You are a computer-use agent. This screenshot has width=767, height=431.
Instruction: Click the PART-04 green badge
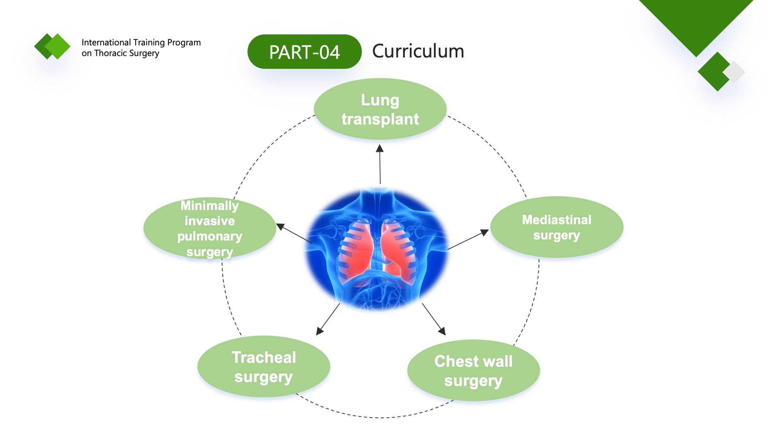pos(304,52)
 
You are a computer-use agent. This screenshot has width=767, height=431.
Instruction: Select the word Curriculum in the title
pos(418,51)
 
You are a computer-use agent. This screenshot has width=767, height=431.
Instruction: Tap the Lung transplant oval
pos(380,109)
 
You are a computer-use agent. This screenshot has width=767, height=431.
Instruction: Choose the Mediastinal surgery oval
pos(557,227)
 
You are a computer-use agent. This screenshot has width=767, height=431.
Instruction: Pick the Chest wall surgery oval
pos(473,370)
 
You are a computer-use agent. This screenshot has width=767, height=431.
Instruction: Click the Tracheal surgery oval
pos(264,366)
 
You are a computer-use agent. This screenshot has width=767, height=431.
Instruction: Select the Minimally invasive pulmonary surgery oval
pos(210,228)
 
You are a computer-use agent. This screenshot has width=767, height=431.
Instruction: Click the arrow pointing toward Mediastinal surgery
pos(468,239)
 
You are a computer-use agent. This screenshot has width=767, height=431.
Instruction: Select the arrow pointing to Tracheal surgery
pos(328,319)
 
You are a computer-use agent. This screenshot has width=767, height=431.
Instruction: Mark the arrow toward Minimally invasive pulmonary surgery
pos(294,233)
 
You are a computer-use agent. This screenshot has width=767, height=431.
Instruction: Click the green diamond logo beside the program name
pos(53,46)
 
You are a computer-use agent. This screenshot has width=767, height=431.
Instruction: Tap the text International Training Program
pos(141,43)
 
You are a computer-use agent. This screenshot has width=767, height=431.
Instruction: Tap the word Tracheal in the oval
pos(264,357)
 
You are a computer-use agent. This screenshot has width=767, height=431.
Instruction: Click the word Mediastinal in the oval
pos(557,220)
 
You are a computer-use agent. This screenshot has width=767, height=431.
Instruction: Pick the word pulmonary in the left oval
pos(210,237)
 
